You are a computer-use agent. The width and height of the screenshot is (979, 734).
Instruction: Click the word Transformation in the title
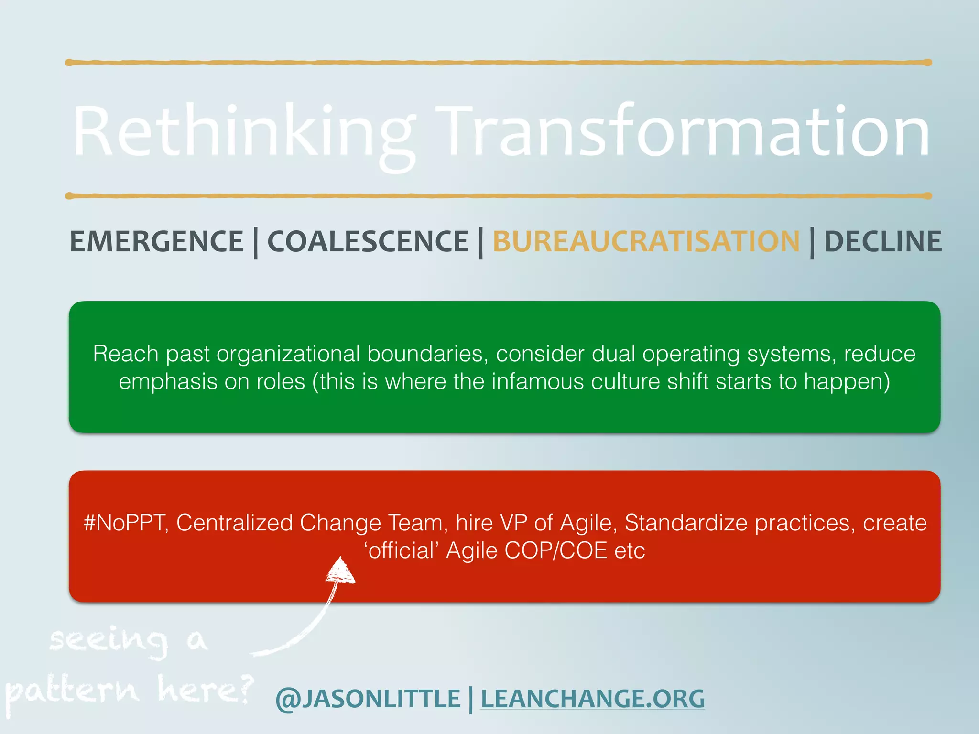coord(683,131)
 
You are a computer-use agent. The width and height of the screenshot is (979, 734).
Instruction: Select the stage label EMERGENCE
coord(157,241)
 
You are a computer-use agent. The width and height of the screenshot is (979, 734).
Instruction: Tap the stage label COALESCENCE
coord(368,241)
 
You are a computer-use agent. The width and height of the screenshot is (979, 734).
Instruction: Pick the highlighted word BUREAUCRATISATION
coord(646,241)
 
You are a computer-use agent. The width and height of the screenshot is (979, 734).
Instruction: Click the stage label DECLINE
coord(882,241)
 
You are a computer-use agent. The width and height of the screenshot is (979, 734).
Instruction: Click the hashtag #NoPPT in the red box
coord(125,523)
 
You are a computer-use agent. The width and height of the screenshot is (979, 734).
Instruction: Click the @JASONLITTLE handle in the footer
coord(368,699)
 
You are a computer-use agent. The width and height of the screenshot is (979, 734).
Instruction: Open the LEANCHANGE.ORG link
coord(592,699)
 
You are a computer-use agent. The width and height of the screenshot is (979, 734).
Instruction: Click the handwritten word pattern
coord(72,691)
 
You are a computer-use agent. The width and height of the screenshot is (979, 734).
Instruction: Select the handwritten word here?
coord(205,690)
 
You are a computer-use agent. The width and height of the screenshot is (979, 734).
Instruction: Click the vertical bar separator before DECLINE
coord(812,243)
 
